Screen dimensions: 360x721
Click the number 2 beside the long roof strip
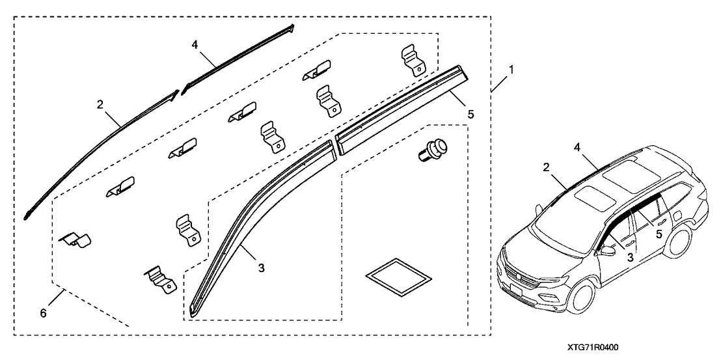(x=100, y=104)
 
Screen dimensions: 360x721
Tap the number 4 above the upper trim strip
(x=194, y=46)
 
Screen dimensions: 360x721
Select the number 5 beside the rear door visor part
(x=471, y=113)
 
